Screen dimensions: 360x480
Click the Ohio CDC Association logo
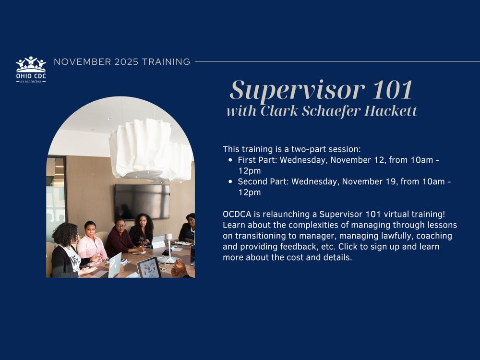tap(31, 70)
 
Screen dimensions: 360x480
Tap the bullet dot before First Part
tap(231, 160)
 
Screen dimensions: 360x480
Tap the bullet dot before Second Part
tap(231, 182)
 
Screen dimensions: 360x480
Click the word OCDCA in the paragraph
tap(236, 213)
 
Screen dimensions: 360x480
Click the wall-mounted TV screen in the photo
tap(142, 201)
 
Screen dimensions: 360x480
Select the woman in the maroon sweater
tap(119, 237)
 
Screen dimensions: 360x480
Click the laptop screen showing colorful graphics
tap(149, 267)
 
